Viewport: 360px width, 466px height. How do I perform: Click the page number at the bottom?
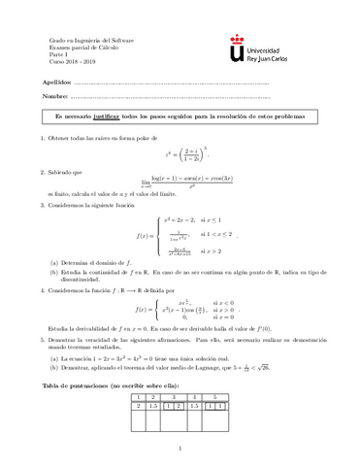click(180, 448)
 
